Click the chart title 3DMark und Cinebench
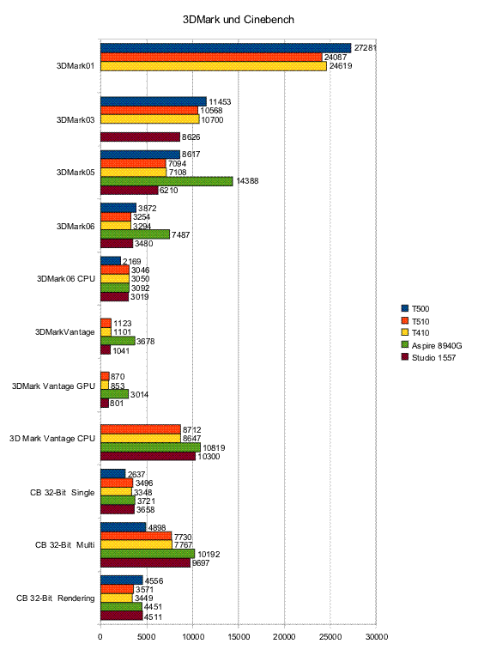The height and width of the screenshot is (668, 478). coord(239,20)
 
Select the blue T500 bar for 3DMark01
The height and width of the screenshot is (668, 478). coord(226,48)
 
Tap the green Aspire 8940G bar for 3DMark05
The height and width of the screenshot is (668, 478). coord(166,181)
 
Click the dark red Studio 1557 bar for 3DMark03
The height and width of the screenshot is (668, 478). coord(141,137)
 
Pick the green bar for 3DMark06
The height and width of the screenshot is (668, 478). coord(136,234)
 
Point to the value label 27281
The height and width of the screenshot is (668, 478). coord(366,48)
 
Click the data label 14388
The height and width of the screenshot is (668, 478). coord(247,181)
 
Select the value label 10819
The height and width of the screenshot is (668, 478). coord(214,447)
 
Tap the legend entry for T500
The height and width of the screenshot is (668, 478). coord(415,309)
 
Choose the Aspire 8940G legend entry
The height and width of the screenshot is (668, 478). coord(432,345)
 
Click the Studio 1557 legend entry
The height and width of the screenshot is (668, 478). coord(428,357)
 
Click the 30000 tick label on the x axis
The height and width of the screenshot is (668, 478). coord(377,637)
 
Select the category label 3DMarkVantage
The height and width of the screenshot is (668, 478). coord(64,332)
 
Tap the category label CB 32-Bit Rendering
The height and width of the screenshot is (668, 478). coord(55,598)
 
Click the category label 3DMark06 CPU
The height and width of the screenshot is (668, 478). coord(65,279)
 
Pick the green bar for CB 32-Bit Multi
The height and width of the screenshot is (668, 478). coord(148,554)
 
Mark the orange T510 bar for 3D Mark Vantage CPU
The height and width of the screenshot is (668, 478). coord(141,429)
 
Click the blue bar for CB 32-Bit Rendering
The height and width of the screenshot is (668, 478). coord(122,580)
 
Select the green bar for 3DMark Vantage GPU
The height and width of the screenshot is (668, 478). coord(114,394)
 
